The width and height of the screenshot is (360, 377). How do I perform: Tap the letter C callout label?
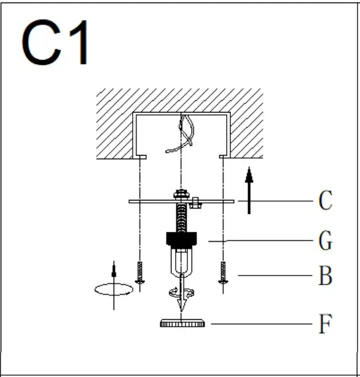325,201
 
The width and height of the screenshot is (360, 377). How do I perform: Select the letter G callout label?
325,241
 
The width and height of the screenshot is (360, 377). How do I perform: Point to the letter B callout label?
325,277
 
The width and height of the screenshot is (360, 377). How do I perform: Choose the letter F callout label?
325,323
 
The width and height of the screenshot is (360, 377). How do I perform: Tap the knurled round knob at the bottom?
182,323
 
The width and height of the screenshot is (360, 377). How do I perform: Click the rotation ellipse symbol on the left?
112,289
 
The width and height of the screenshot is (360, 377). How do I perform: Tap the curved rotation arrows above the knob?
182,295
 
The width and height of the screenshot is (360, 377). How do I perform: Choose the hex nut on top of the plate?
181,195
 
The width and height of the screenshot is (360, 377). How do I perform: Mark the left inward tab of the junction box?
141,157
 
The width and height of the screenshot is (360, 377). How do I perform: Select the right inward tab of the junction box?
224,157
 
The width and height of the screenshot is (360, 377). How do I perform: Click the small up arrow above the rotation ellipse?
112,271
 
